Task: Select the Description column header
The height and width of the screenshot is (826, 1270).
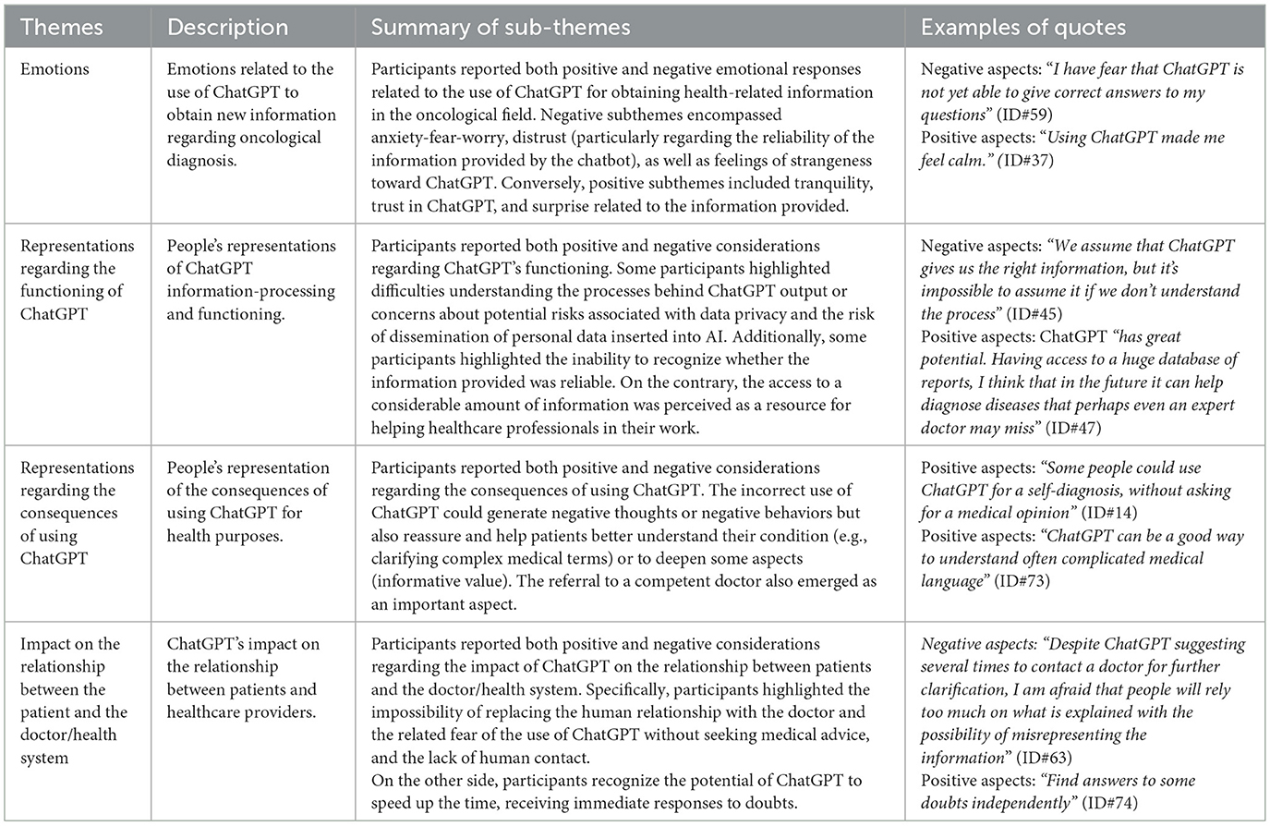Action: pyautogui.click(x=226, y=28)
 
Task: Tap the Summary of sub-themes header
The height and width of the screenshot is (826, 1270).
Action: pyautogui.click(x=501, y=28)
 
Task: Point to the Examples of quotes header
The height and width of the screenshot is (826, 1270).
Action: pyautogui.click(x=1022, y=28)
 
